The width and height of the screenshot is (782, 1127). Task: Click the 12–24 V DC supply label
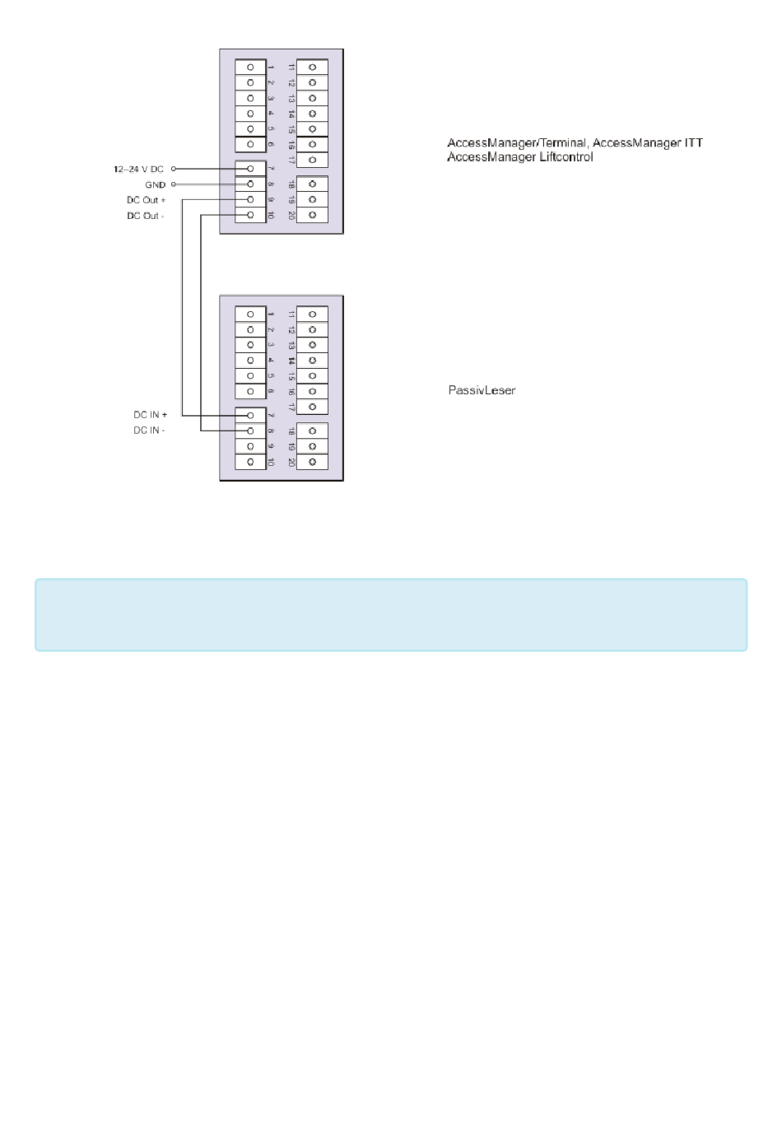point(138,169)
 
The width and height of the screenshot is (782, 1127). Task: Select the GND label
point(155,184)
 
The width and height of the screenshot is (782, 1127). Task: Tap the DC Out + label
point(146,200)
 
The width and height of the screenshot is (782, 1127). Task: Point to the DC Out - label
point(145,216)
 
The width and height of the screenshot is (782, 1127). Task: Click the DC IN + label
point(150,415)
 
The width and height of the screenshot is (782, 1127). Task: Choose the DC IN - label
point(149,431)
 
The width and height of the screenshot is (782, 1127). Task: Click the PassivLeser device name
point(482,390)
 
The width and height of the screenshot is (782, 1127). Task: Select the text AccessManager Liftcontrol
point(519,157)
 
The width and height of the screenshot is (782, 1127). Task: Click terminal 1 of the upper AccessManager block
point(250,68)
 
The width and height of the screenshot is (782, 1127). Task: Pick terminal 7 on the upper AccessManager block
point(250,169)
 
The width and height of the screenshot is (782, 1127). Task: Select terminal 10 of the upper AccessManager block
point(250,216)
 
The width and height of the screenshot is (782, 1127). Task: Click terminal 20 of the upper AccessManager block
point(312,216)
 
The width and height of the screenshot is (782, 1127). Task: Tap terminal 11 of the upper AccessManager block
point(312,68)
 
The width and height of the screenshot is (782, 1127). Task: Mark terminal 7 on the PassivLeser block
point(250,415)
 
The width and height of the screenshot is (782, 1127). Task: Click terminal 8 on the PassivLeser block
point(250,431)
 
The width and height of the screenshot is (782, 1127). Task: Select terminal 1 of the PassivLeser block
point(250,314)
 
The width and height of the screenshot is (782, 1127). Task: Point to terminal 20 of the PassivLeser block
point(312,462)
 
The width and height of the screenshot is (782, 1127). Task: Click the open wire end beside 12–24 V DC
point(174,169)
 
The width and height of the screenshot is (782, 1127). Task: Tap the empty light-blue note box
point(391,615)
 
